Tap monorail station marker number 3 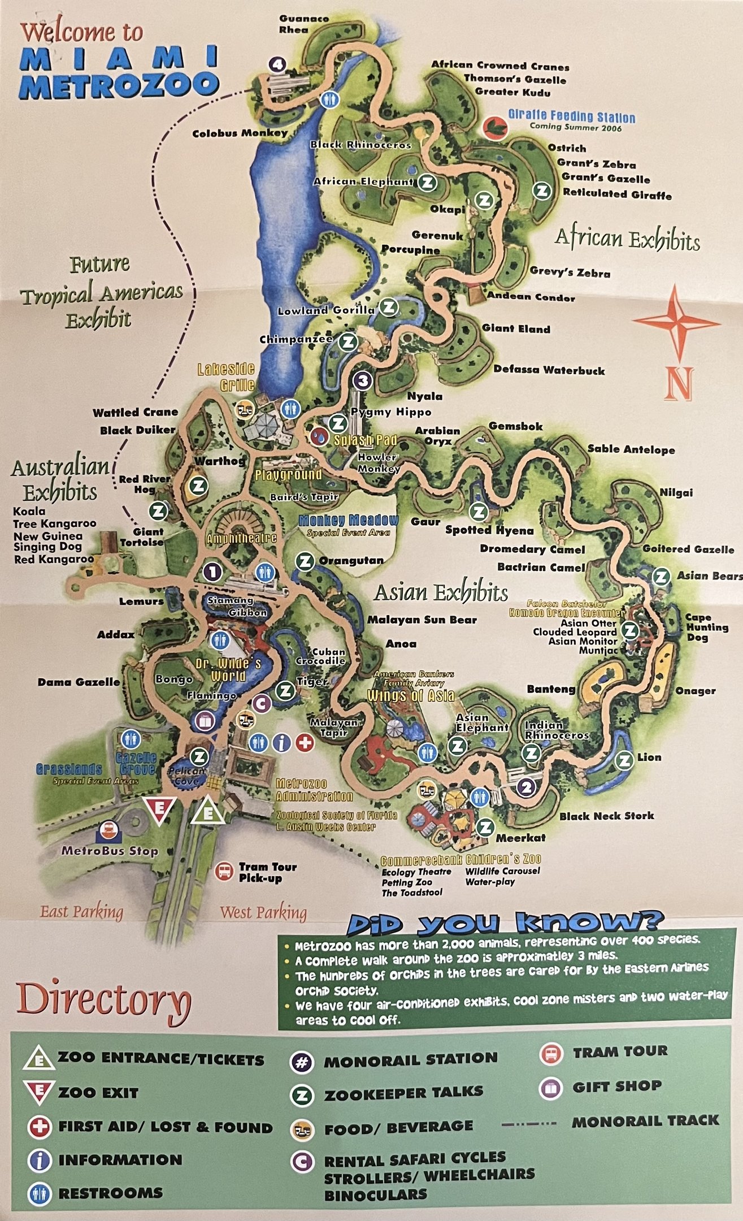tap(363, 380)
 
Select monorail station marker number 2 tap(527, 787)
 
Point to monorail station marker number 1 tap(212, 572)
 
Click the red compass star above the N tap(676, 322)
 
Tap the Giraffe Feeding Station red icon tap(496, 127)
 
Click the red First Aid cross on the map tap(305, 742)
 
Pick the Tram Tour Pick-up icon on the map tap(224, 871)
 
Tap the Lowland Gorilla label tap(326, 310)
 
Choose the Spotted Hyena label tap(489, 530)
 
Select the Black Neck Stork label tap(606, 816)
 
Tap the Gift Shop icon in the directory tap(551, 1086)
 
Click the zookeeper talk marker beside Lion tap(625, 760)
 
